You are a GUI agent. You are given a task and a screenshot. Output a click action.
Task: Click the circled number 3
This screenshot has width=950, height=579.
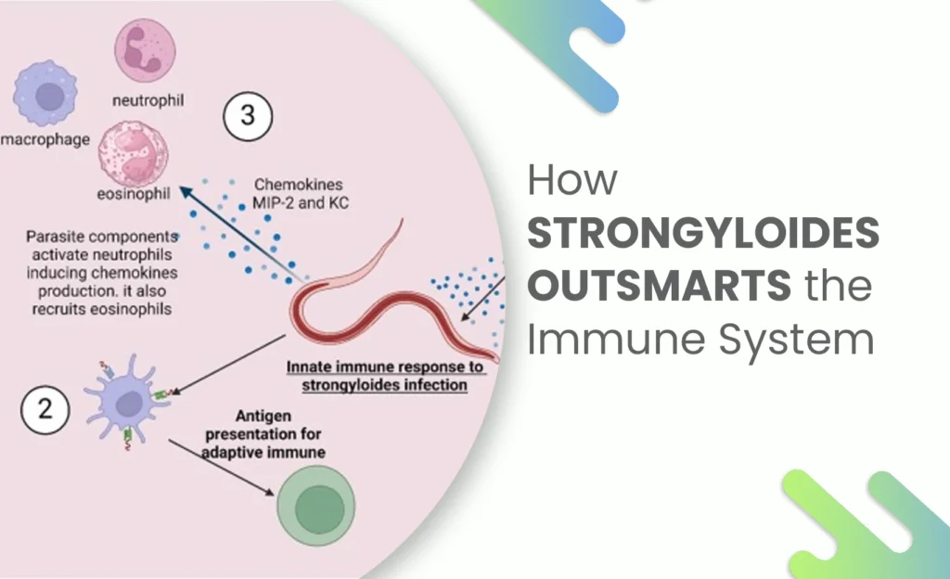[248, 118]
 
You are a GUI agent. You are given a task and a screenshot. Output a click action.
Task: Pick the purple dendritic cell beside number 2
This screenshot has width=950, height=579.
[126, 401]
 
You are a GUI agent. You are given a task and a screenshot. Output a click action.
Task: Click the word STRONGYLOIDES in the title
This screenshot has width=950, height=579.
[702, 234]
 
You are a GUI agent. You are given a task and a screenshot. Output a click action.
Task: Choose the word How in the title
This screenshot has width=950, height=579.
[572, 180]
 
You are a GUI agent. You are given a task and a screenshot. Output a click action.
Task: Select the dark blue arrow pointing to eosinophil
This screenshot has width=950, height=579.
[242, 232]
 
